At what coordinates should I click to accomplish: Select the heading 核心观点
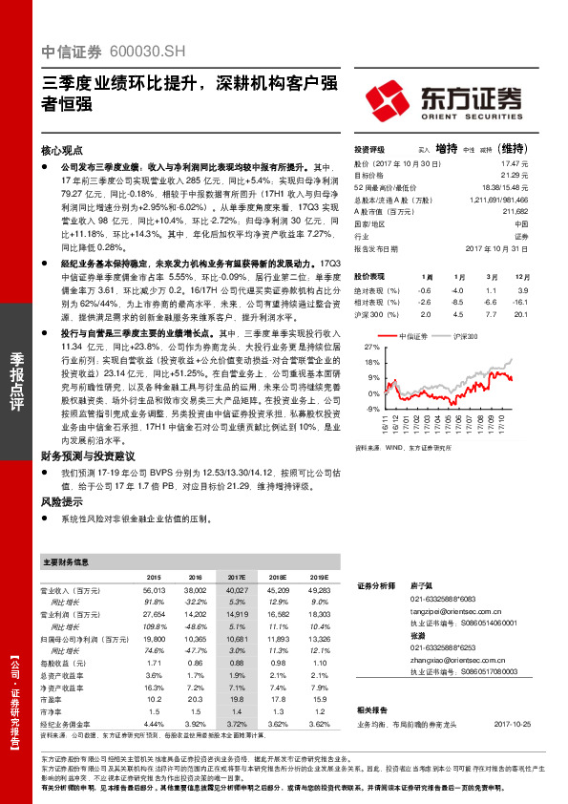pyautogui.click(x=60, y=151)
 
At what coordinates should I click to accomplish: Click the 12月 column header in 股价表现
pyautogui.click(x=521, y=275)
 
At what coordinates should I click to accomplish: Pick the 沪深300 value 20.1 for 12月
pyautogui.click(x=521, y=313)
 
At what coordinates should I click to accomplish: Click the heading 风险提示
pyautogui.click(x=60, y=500)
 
